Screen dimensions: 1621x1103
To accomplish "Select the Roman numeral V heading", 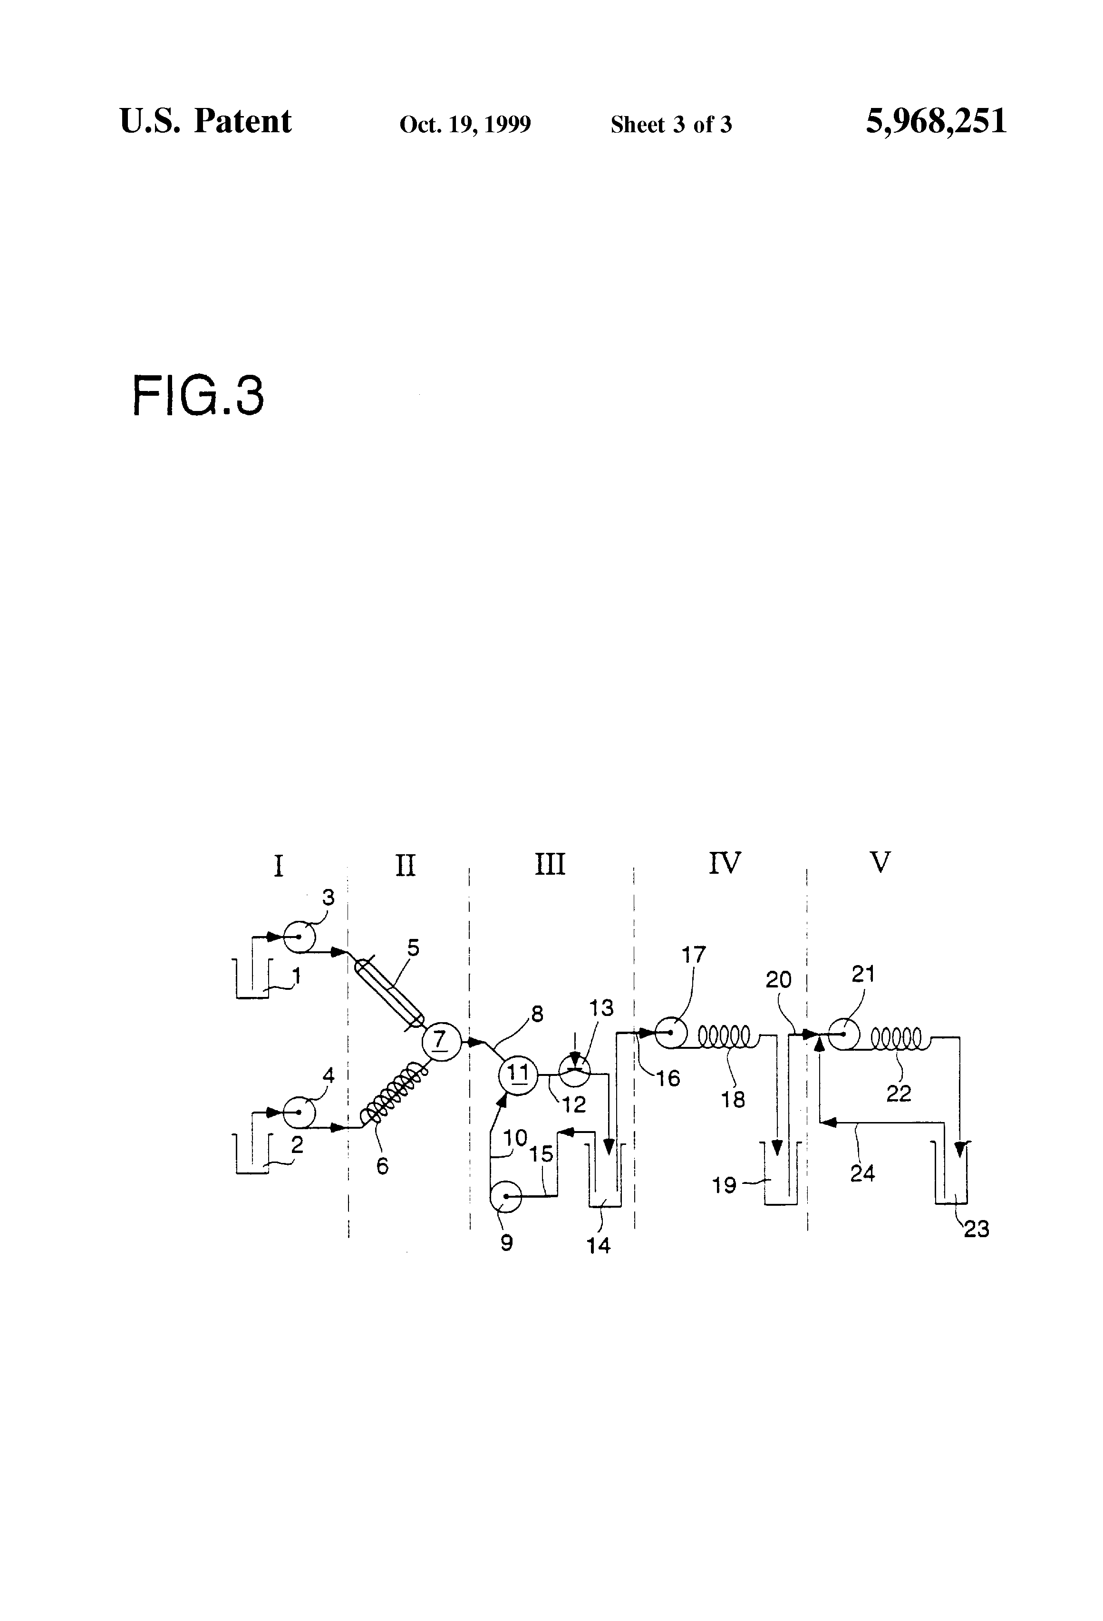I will tap(880, 863).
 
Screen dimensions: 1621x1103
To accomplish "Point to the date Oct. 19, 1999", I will tap(465, 125).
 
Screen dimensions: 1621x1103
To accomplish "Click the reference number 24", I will tap(862, 1173).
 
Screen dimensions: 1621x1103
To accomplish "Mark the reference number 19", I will tap(725, 1185).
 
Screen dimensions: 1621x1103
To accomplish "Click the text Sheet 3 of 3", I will tap(671, 125).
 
